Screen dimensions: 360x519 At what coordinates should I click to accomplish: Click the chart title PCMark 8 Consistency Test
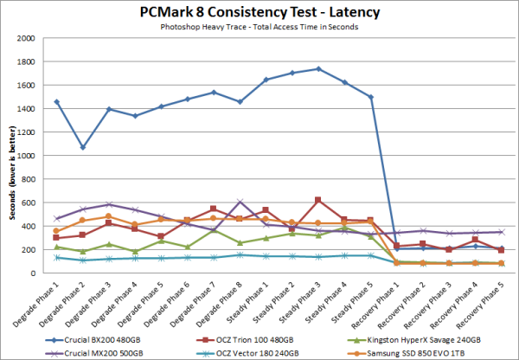coord(259,13)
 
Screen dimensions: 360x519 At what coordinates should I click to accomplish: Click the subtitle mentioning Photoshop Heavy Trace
coord(259,29)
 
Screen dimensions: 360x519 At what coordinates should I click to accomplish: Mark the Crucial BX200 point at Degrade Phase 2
coord(83,147)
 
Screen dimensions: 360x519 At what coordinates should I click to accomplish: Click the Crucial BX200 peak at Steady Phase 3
coord(318,69)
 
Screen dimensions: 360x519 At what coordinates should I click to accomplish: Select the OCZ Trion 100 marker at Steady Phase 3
coord(318,200)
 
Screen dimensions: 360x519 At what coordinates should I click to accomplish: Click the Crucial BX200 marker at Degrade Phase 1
coord(57,102)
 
